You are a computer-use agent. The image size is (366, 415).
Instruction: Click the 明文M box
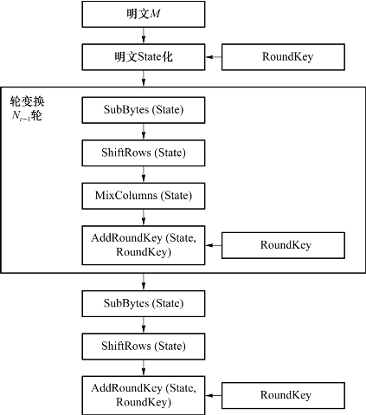(144, 14)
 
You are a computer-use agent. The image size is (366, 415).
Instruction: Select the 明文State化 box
(144, 57)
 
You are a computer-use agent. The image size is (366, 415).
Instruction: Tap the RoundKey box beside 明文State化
(283, 57)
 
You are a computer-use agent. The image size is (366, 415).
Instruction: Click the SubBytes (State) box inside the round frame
(144, 110)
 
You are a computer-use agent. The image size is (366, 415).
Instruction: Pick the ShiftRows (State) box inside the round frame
(144, 152)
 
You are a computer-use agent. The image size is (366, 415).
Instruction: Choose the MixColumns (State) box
(144, 196)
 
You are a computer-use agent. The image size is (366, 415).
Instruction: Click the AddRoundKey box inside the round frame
(144, 245)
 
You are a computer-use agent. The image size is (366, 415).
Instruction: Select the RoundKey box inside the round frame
(283, 245)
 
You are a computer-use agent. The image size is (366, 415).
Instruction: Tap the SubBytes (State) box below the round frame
(144, 303)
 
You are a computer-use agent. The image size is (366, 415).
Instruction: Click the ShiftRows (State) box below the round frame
(144, 347)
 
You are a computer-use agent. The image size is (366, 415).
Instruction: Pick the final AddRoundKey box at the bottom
(144, 395)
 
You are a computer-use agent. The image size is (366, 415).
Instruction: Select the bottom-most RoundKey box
(283, 395)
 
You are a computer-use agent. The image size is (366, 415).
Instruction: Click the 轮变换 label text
(27, 101)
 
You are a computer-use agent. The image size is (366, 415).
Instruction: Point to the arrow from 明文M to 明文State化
(144, 36)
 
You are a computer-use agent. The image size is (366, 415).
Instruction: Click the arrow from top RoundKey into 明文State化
(214, 57)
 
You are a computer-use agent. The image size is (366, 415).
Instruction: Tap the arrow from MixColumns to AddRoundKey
(144, 217)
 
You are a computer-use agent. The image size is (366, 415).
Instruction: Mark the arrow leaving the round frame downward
(144, 282)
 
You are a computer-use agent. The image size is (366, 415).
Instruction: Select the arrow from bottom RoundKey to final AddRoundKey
(214, 395)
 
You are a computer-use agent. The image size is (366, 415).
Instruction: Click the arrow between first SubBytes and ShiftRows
(144, 132)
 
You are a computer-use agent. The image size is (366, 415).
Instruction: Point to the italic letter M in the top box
(155, 14)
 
